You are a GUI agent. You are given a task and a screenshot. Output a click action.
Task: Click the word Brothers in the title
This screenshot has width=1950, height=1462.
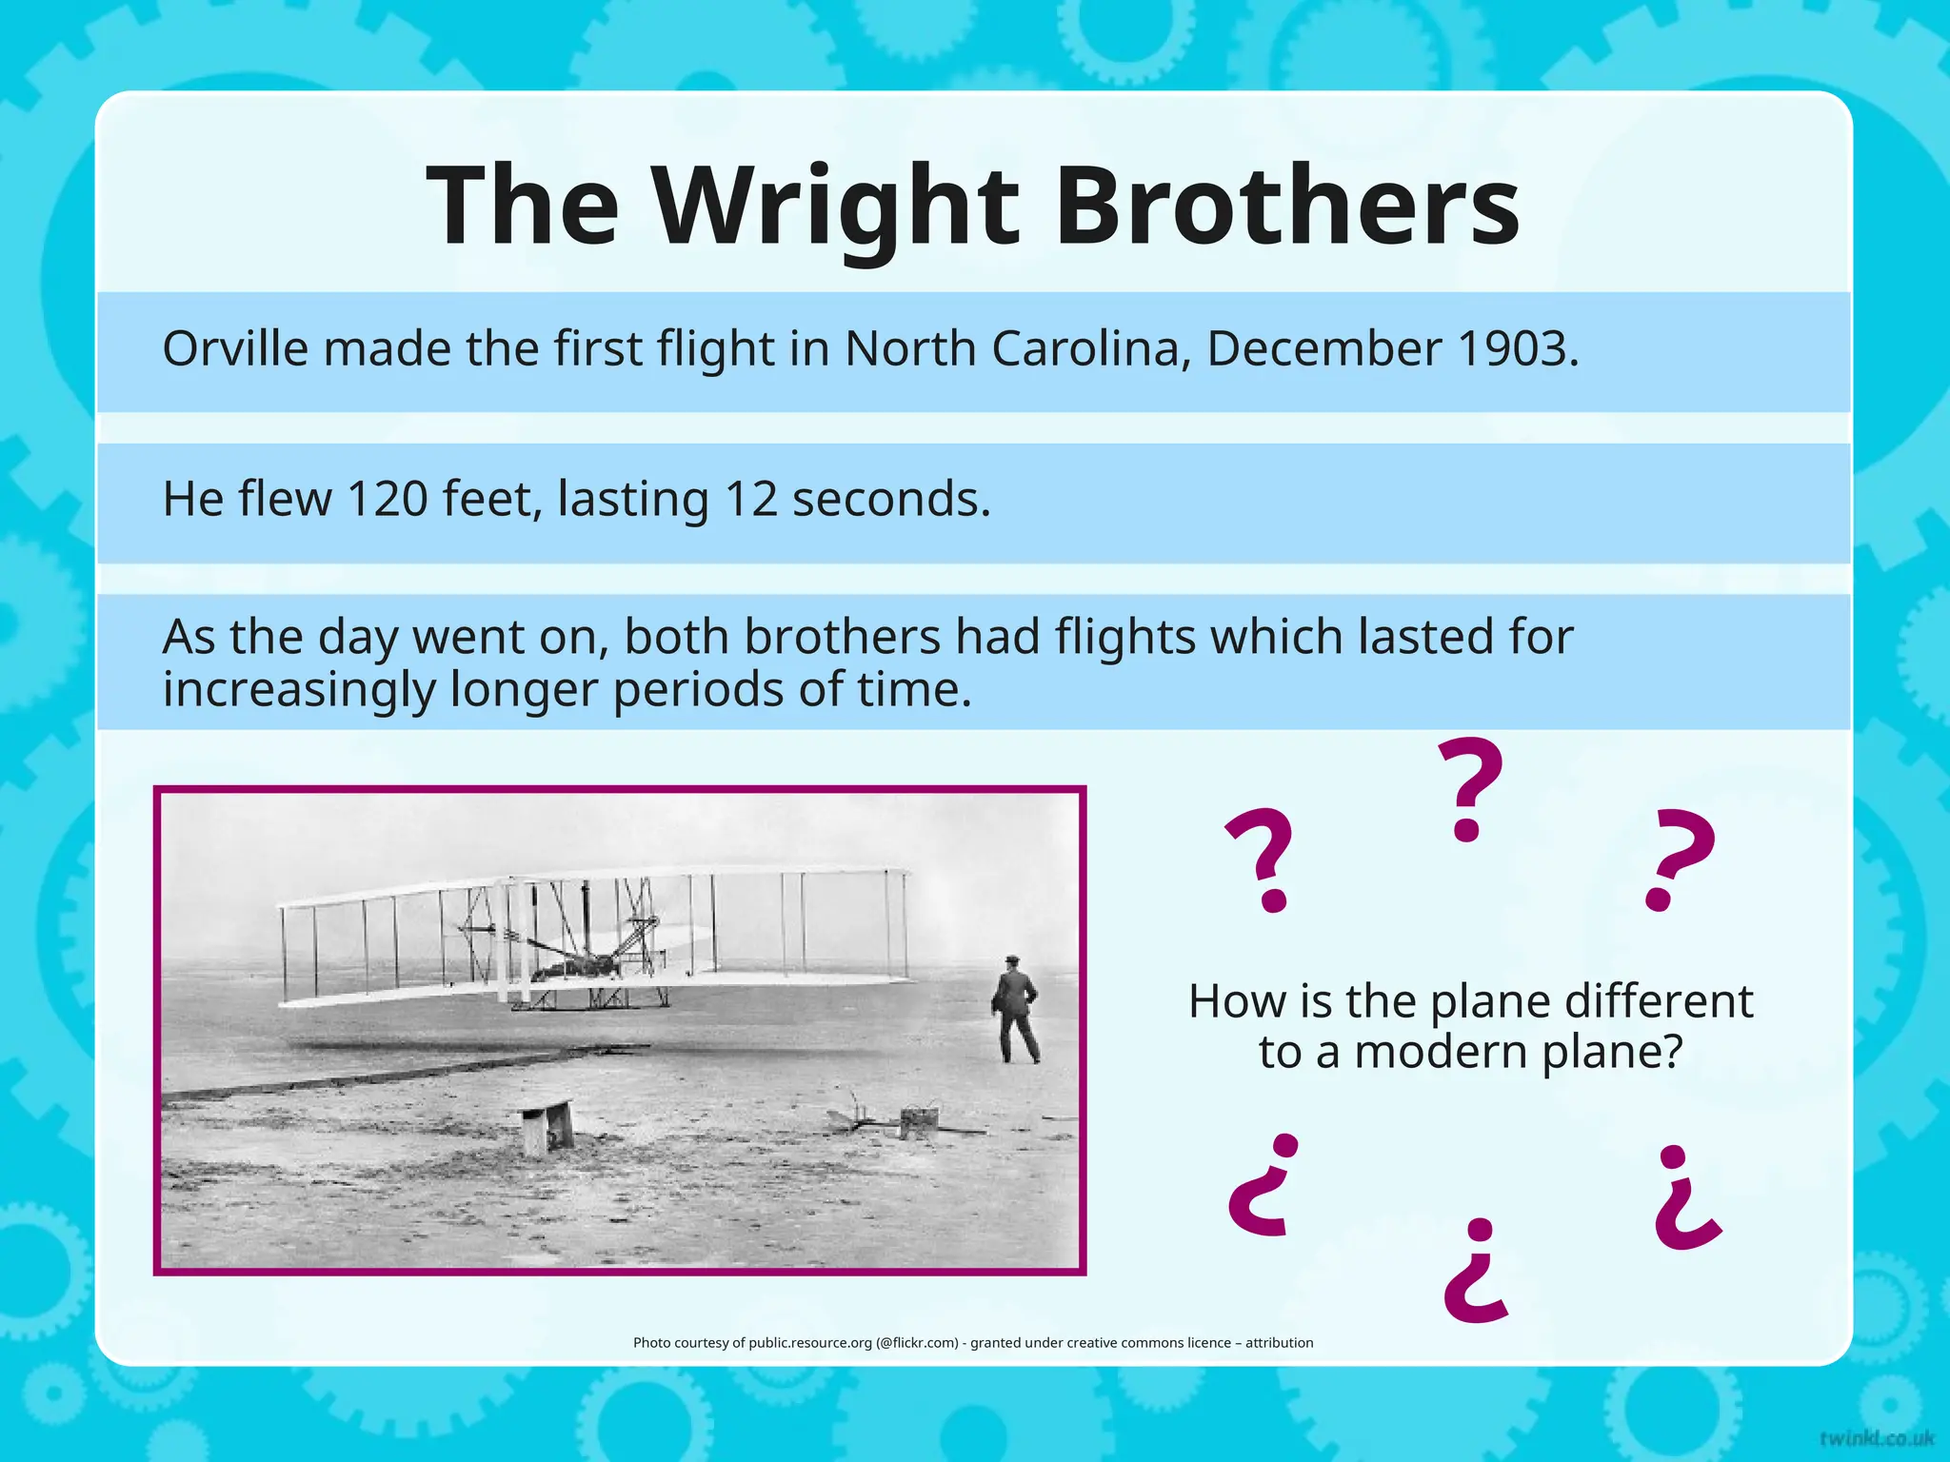pyautogui.click(x=1286, y=207)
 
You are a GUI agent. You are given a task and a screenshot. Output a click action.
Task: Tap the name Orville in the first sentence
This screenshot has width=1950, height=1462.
pyautogui.click(x=235, y=349)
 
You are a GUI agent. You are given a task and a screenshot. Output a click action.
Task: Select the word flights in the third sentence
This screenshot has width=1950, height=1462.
pyautogui.click(x=1125, y=637)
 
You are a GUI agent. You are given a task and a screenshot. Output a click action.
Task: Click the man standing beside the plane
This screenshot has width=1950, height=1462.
pyautogui.click(x=1015, y=1011)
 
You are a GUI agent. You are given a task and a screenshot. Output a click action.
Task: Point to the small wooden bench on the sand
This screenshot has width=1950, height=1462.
pyautogui.click(x=547, y=1125)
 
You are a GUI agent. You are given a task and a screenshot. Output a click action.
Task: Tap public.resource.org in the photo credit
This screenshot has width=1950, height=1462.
pyautogui.click(x=809, y=1343)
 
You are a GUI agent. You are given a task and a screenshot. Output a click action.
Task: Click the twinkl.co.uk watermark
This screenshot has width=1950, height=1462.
pyautogui.click(x=1876, y=1438)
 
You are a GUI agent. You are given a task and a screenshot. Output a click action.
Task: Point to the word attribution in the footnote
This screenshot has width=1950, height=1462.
pyautogui.click(x=1279, y=1343)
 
